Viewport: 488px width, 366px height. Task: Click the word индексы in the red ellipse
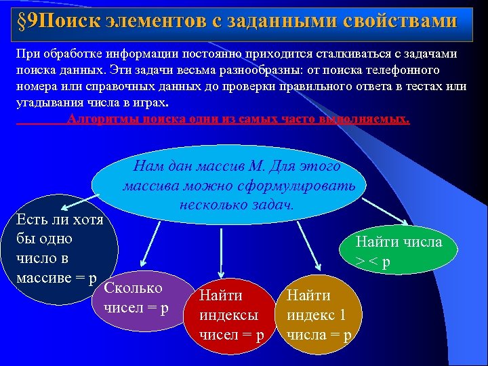click(229, 316)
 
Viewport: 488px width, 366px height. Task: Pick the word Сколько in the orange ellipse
click(134, 288)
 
